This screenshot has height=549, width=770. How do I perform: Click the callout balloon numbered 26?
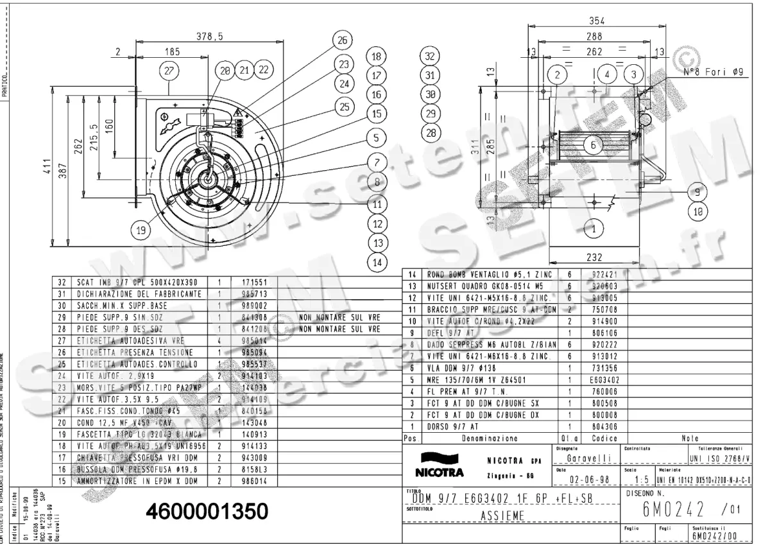(x=341, y=40)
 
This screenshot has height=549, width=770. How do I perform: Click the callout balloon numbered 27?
(x=169, y=72)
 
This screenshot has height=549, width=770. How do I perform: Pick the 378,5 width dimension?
(x=210, y=37)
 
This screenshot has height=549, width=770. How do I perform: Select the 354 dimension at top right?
(x=597, y=21)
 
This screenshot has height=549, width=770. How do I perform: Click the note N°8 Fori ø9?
(x=712, y=73)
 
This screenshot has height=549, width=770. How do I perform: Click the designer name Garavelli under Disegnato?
(x=587, y=458)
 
